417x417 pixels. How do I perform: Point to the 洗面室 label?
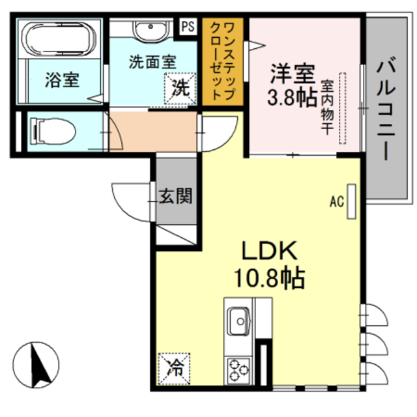point(152,63)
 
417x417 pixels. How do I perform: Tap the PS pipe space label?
point(189,27)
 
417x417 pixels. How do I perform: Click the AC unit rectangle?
point(352,201)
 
